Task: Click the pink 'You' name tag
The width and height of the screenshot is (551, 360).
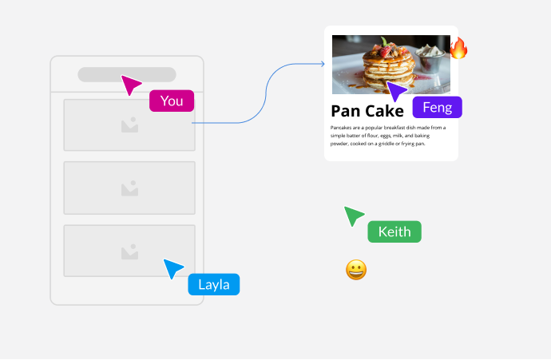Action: [x=172, y=101]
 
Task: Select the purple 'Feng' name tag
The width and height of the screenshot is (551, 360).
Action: [x=437, y=108]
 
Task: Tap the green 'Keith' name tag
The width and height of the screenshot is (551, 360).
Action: [x=394, y=232]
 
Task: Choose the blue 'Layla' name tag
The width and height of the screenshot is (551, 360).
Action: [x=214, y=285]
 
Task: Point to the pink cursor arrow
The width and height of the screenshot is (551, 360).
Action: [x=130, y=84]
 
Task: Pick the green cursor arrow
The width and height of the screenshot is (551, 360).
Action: [x=353, y=215]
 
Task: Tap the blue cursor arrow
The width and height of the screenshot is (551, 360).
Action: [x=172, y=268]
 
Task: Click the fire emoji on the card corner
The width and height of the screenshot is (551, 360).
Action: [x=458, y=49]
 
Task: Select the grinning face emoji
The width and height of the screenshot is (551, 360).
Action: [x=356, y=270]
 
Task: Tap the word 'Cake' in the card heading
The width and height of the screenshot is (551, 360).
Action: [x=384, y=111]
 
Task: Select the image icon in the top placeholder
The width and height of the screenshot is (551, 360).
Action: [x=129, y=125]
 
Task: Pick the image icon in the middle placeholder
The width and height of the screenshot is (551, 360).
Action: [x=129, y=188]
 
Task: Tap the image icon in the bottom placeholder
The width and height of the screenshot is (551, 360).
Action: [x=129, y=252]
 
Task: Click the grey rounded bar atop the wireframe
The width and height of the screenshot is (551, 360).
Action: [x=127, y=74]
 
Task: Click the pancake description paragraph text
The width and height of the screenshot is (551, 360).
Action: [x=388, y=135]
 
